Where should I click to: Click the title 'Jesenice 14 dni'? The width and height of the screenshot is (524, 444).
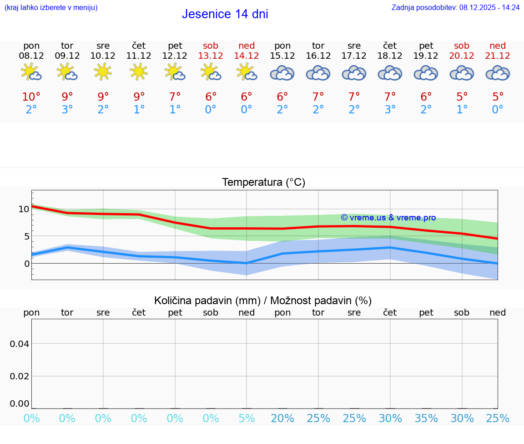[225, 14]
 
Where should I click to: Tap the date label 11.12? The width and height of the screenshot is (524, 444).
[139, 56]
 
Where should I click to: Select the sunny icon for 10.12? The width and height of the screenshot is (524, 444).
[103, 72]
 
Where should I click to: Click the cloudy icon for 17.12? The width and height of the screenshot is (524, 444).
[354, 73]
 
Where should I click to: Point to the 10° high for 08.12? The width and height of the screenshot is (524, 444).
[31, 97]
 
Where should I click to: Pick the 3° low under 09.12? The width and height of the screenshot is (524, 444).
[67, 110]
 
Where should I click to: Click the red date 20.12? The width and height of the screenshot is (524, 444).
[462, 56]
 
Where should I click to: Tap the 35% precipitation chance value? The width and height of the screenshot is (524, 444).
[426, 418]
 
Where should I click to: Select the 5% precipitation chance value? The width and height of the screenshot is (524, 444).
[247, 418]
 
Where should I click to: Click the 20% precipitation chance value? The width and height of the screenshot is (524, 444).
[282, 418]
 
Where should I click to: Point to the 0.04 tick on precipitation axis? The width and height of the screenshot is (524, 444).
[20, 344]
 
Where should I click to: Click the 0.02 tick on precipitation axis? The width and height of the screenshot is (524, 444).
[20, 376]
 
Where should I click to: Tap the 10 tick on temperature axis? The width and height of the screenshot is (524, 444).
[24, 209]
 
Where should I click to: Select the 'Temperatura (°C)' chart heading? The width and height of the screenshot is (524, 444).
[263, 183]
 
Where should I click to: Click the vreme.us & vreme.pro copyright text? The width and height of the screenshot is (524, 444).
[388, 218]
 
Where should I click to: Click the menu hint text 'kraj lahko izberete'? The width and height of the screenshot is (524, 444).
[50, 7]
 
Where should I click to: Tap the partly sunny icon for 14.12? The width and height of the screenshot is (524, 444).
[246, 72]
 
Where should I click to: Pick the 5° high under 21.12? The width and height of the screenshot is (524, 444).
[498, 97]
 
